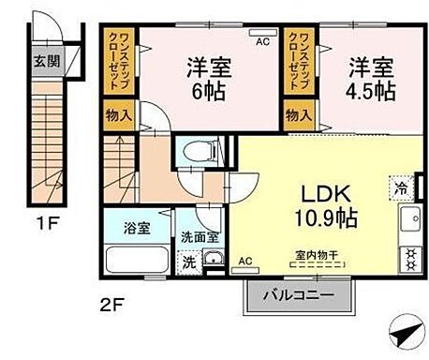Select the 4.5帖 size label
point(373,93)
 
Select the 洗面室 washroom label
point(200,237)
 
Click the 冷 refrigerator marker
point(401,186)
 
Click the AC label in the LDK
point(245,261)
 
